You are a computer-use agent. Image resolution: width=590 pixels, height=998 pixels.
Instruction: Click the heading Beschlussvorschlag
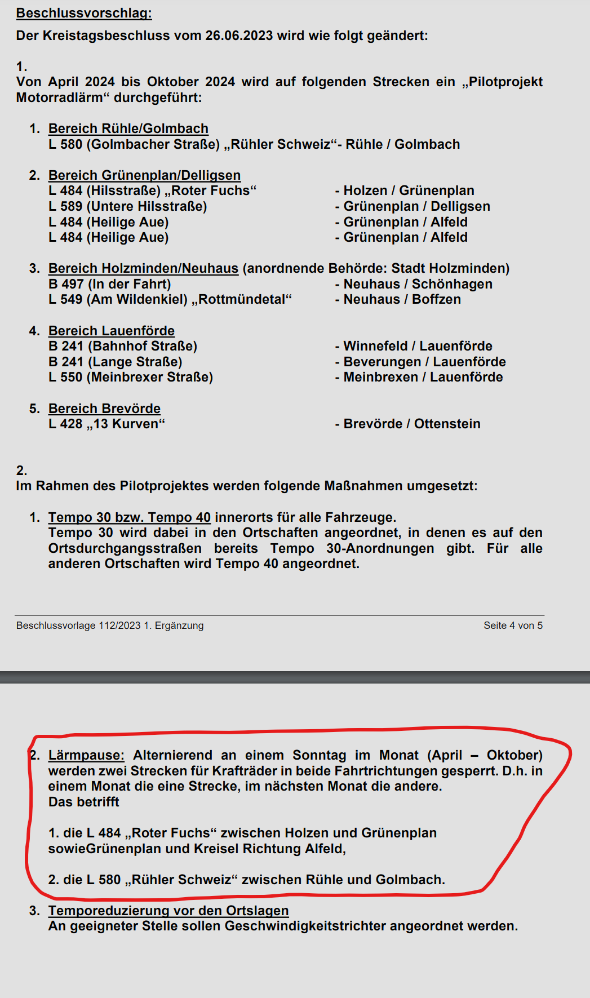(x=84, y=13)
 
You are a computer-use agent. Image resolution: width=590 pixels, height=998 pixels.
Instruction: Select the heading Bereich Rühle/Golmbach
(x=128, y=128)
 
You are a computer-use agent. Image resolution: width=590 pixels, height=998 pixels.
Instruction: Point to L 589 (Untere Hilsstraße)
(x=128, y=206)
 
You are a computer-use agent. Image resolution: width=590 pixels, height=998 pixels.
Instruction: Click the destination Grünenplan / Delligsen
(x=416, y=206)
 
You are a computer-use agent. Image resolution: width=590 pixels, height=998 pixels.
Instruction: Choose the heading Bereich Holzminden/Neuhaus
(x=143, y=268)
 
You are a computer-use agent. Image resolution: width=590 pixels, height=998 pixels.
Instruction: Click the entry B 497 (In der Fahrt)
(x=110, y=284)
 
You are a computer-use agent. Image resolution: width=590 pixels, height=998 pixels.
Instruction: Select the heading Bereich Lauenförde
(x=112, y=331)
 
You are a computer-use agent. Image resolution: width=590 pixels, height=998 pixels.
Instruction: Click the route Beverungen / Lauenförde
(x=424, y=362)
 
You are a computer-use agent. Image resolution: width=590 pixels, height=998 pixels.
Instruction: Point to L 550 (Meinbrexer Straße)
(x=131, y=377)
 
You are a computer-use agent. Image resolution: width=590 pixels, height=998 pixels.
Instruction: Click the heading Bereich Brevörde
(x=104, y=409)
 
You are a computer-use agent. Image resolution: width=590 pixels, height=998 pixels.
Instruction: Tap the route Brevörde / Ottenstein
(x=412, y=424)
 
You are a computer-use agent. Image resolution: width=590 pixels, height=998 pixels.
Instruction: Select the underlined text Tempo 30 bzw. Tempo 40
(x=130, y=517)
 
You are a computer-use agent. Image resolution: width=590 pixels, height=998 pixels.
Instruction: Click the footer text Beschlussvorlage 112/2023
(x=78, y=626)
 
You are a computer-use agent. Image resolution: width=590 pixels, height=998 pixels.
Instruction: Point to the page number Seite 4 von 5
(x=513, y=626)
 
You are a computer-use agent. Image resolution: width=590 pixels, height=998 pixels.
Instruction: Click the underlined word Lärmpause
(x=86, y=755)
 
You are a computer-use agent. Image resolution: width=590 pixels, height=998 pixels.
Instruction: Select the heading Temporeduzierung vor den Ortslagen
(x=168, y=911)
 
